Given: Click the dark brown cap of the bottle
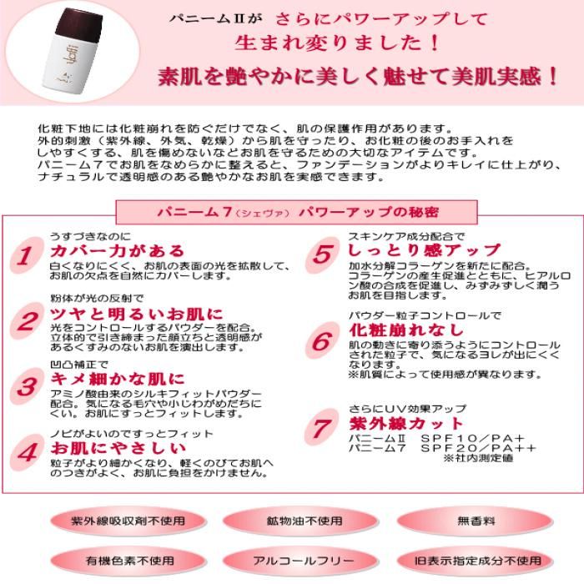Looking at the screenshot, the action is pos(79,24).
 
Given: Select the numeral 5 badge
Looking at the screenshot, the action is pos(323,255).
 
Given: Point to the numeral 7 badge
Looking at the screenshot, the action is pos(322,427).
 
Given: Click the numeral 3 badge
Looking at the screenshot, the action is pos(27,386).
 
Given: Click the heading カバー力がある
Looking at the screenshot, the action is pos(118,251).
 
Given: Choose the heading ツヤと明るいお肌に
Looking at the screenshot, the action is pos(137,315).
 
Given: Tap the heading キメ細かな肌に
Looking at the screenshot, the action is pos(118,379).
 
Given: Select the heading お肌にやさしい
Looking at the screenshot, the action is pos(118,448).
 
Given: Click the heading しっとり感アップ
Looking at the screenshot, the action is pos(424,250).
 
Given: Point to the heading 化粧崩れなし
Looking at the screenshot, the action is pos(406,330).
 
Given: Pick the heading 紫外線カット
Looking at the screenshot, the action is pos(406,424).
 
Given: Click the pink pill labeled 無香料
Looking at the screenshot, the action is pos(476,521).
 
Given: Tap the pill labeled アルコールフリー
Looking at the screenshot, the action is pos(302,560).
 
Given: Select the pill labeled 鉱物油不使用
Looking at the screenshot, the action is pos(302,521).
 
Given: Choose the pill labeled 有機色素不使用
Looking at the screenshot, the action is pos(128,560).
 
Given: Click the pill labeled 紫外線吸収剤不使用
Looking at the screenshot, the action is pos(128,521).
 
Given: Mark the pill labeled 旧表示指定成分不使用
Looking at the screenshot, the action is pos(476,560).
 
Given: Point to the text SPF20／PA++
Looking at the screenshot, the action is pos(478,448).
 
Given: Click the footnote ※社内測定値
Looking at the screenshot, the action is pos(478,458).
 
